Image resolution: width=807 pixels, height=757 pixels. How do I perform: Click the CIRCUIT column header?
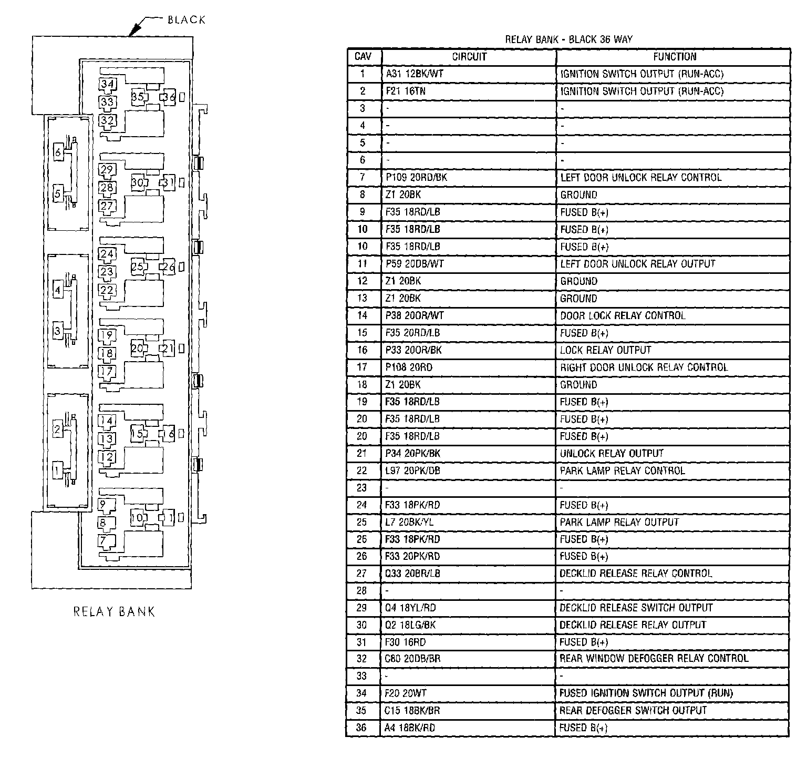(x=469, y=57)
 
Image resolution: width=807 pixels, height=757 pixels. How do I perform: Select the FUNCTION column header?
(x=675, y=57)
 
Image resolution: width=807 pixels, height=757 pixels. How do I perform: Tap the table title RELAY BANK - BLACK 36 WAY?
(x=568, y=39)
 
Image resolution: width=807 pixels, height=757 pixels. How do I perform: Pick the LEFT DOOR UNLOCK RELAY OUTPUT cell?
(x=638, y=264)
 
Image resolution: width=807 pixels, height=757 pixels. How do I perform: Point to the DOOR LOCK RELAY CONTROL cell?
(x=623, y=315)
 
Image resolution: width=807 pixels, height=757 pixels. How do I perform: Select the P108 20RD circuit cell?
(x=409, y=367)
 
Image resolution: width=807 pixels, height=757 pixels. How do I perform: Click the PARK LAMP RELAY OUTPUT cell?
(x=619, y=522)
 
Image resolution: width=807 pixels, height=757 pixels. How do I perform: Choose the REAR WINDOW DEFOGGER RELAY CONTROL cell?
(x=654, y=658)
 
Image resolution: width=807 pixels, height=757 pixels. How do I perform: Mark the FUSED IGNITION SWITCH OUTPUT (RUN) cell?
(x=646, y=693)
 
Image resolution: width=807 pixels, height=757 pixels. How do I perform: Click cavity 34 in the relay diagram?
(x=108, y=84)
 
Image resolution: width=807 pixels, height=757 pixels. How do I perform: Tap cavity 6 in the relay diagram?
(x=58, y=152)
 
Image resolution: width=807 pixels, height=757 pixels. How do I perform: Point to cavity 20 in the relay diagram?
(x=138, y=348)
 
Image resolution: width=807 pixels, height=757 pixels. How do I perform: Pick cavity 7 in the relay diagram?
(x=104, y=540)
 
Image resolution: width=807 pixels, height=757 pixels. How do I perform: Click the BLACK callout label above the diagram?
(x=186, y=20)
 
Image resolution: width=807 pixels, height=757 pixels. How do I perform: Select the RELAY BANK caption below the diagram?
(x=114, y=611)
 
